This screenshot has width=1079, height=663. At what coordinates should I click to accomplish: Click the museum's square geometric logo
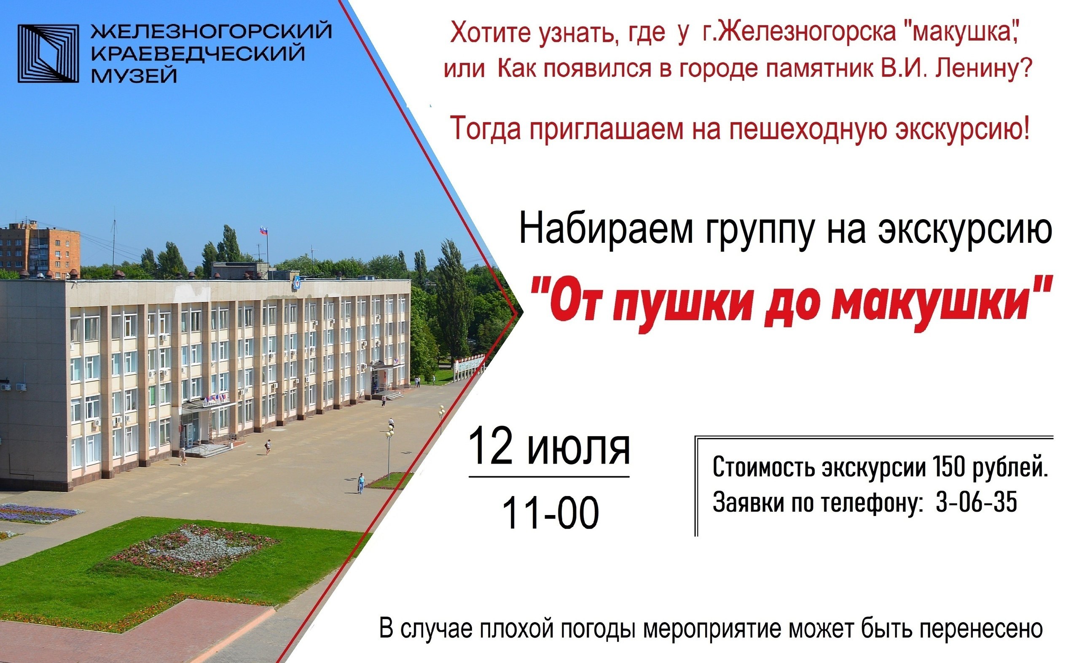coord(48,54)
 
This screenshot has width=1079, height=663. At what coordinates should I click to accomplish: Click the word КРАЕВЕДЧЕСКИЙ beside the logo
coord(197,54)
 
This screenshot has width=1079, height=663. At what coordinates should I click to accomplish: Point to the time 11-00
coord(551,512)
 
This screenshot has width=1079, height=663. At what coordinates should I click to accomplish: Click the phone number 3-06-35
coord(977,502)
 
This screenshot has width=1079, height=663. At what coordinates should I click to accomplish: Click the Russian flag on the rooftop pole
coord(263,230)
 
